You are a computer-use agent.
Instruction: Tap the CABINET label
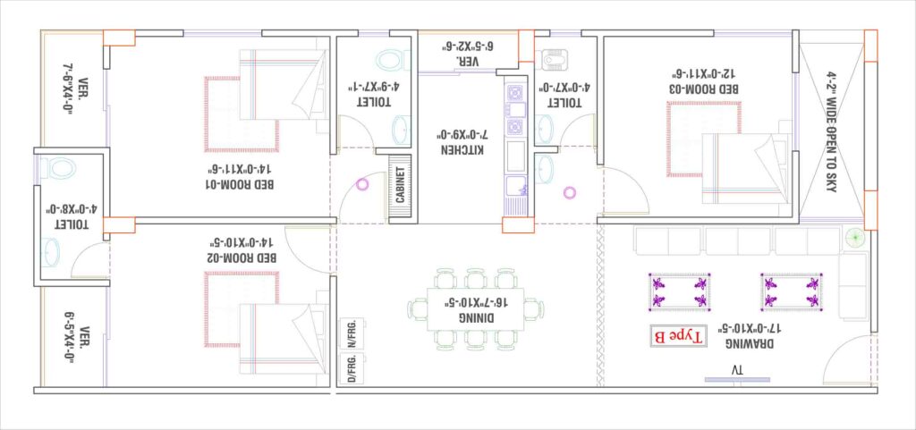point(400,185)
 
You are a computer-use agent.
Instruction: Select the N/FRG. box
point(352,333)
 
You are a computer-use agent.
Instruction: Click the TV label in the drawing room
point(736,370)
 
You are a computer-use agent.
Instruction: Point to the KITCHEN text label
point(462,150)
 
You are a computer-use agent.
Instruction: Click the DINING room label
point(476,317)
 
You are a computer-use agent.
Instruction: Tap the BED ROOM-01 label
point(241,184)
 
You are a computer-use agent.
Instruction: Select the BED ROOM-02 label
point(242,257)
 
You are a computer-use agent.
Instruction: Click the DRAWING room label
point(751,343)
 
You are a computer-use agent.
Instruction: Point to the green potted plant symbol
point(854,238)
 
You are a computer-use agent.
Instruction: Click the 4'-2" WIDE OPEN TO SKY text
point(832,131)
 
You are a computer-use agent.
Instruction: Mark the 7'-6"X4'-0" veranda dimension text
point(68,89)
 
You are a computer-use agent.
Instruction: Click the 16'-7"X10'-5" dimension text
point(476,302)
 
